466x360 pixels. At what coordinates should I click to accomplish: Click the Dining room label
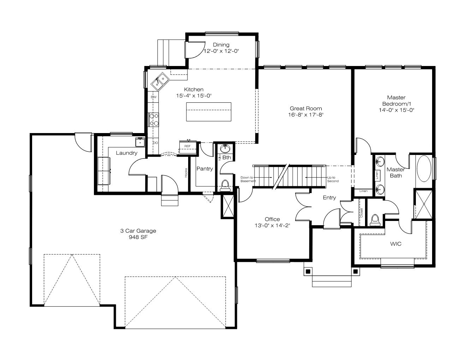click(x=221, y=45)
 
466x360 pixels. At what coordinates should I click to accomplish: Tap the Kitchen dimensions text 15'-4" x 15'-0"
click(x=194, y=96)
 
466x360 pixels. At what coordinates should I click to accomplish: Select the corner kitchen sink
click(x=160, y=81)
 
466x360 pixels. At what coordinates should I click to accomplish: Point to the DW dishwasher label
click(x=154, y=97)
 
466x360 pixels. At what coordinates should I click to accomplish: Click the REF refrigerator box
click(x=188, y=147)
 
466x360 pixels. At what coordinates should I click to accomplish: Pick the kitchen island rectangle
click(x=209, y=112)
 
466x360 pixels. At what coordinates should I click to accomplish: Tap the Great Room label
click(x=306, y=108)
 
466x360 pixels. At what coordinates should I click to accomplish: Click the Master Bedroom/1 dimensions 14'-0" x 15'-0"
click(x=396, y=110)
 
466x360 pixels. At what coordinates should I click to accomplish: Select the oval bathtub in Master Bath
click(x=424, y=168)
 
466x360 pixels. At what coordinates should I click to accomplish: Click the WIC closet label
click(x=396, y=244)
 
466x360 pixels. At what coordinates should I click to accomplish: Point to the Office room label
click(x=272, y=219)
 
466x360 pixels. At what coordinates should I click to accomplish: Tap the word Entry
click(x=329, y=198)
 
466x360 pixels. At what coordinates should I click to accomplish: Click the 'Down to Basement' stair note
click(x=248, y=179)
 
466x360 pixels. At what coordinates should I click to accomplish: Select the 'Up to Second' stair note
click(x=333, y=179)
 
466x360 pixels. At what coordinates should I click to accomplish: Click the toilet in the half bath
click(x=225, y=185)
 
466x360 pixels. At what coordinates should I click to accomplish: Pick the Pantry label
click(x=205, y=169)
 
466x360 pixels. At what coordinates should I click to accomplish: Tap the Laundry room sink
click(x=140, y=142)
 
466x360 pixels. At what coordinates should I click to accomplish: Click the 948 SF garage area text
click(x=138, y=237)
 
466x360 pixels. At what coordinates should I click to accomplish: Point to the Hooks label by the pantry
click(x=186, y=173)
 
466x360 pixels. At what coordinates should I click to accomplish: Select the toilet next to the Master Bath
click(x=375, y=220)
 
